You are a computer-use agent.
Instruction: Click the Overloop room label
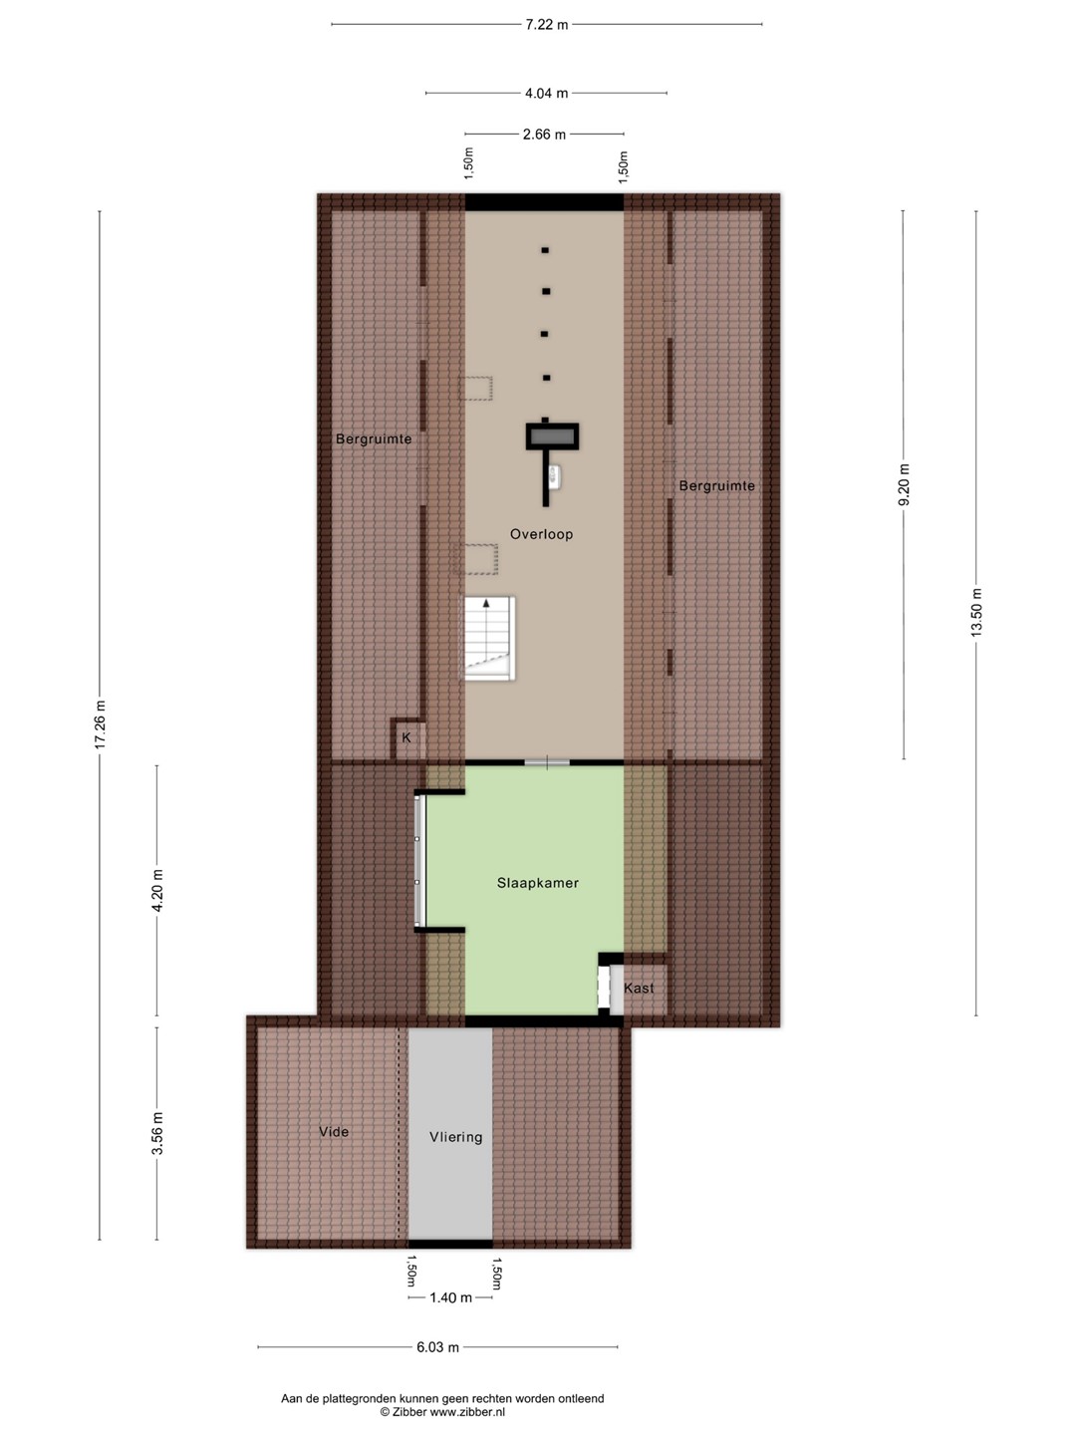tap(541, 534)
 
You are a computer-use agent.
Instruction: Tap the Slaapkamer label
tap(538, 883)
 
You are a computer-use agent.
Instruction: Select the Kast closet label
tap(639, 988)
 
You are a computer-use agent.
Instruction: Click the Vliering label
tap(455, 1137)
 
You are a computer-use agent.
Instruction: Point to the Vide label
tap(333, 1132)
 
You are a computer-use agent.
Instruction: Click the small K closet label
tap(406, 737)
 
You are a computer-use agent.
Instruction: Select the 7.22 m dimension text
tap(547, 25)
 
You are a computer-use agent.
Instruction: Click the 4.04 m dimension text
tap(546, 94)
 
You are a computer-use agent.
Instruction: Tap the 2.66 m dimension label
tap(544, 135)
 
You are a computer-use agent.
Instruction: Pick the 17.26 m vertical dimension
tap(100, 724)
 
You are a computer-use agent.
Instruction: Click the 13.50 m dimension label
tap(976, 612)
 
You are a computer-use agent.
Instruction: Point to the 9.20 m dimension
tap(904, 484)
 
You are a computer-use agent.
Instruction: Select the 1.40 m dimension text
tap(450, 1297)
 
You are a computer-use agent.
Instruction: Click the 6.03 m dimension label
tap(437, 1347)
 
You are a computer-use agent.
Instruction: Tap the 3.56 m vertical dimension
tap(156, 1133)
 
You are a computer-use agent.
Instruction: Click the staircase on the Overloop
tap(489, 638)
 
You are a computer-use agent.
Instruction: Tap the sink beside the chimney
tap(555, 476)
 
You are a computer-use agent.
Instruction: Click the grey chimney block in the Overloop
tap(552, 436)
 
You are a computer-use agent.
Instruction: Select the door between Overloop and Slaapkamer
tap(547, 761)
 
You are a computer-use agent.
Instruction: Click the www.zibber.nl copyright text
tap(442, 1412)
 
